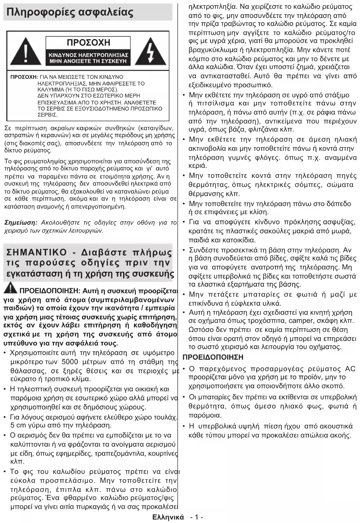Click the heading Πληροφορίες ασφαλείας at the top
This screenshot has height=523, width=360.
pos(70,13)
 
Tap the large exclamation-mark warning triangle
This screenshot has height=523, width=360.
pos(25,52)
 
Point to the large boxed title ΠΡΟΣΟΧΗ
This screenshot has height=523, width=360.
pos(88,43)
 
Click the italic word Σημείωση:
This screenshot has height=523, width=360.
pos(21,222)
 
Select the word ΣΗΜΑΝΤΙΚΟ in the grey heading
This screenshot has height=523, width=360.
pos(37,253)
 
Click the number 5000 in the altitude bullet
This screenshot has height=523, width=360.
pos(69,362)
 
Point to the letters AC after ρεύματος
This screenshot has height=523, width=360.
pos(350,369)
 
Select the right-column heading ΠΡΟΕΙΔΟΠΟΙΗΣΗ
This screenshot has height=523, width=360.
pos(213,357)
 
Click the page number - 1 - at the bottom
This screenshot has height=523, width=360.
pos(196,517)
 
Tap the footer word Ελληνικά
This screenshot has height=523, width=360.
pos(168,517)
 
